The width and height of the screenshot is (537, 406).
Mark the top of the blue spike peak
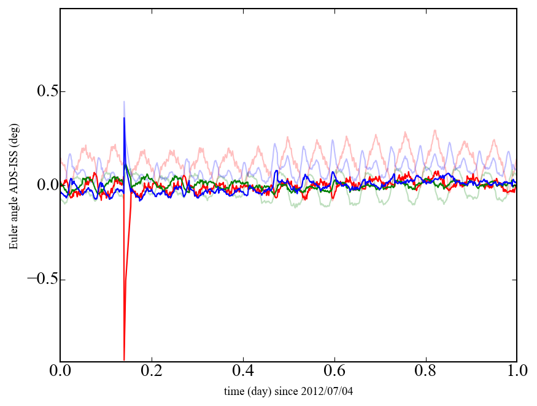point(124,118)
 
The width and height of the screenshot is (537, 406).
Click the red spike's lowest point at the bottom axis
point(124,359)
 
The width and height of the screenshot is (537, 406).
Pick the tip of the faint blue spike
point(124,102)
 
